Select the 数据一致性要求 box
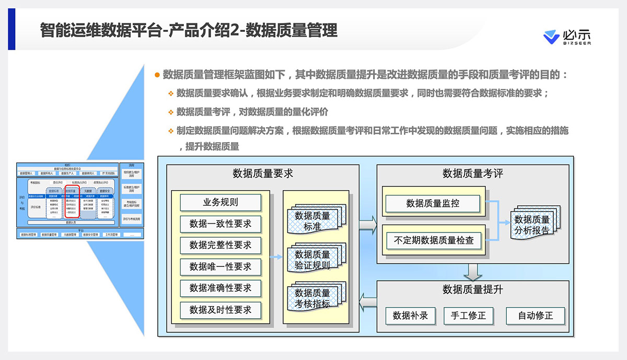(x=220, y=224)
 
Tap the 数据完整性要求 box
(x=220, y=245)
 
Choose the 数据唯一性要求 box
(x=220, y=266)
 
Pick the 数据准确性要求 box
(x=220, y=288)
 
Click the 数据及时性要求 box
(x=220, y=310)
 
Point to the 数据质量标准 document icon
(x=313, y=220)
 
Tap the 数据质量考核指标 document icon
(x=313, y=298)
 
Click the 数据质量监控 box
(x=432, y=203)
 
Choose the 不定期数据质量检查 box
(x=433, y=241)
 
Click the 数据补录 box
(x=410, y=316)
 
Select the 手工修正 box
(x=468, y=316)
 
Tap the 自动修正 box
(x=535, y=316)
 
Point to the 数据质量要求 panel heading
(x=263, y=173)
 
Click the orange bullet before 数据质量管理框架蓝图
(x=157, y=75)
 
